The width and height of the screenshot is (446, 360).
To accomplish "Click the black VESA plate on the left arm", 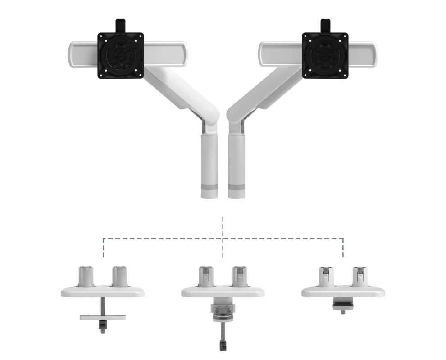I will (x=120, y=55).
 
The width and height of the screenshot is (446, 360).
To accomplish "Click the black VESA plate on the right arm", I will (x=324, y=55).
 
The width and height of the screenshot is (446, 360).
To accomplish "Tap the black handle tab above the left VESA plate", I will (x=120, y=25).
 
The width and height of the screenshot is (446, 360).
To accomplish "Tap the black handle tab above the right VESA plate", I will (x=325, y=25).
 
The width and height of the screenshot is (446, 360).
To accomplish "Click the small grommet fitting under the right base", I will (x=343, y=306).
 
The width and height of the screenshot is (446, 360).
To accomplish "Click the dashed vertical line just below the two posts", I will (x=223, y=227).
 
